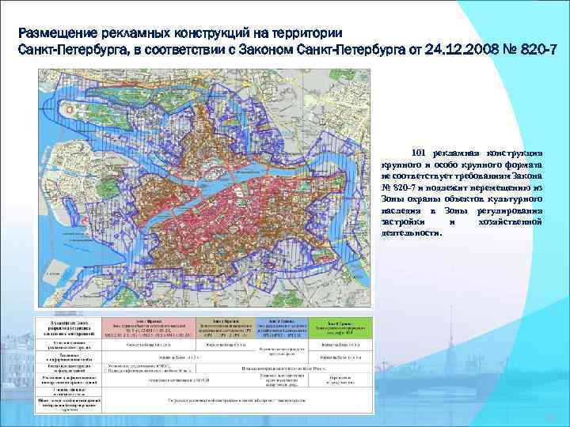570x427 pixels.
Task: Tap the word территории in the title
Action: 304,34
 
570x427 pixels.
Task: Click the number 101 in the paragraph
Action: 419,152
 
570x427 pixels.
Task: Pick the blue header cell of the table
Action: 285,327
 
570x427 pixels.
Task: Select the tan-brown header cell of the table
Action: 227,327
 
